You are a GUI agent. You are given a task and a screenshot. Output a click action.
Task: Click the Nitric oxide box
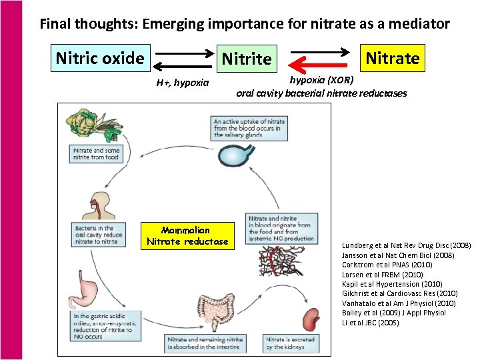click(100, 58)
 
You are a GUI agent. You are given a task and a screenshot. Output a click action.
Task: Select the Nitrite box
click(247, 59)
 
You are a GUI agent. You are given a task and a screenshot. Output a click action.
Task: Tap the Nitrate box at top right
click(393, 58)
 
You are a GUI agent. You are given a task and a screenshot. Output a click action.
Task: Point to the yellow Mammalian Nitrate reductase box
click(187, 236)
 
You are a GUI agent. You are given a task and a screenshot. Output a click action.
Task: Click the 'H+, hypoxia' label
click(183, 83)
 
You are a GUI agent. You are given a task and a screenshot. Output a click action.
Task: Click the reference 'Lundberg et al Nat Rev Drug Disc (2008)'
click(406, 246)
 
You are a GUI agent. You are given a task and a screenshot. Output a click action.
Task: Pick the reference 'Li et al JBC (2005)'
click(370, 322)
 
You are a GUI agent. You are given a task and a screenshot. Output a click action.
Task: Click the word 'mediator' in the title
click(418, 25)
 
